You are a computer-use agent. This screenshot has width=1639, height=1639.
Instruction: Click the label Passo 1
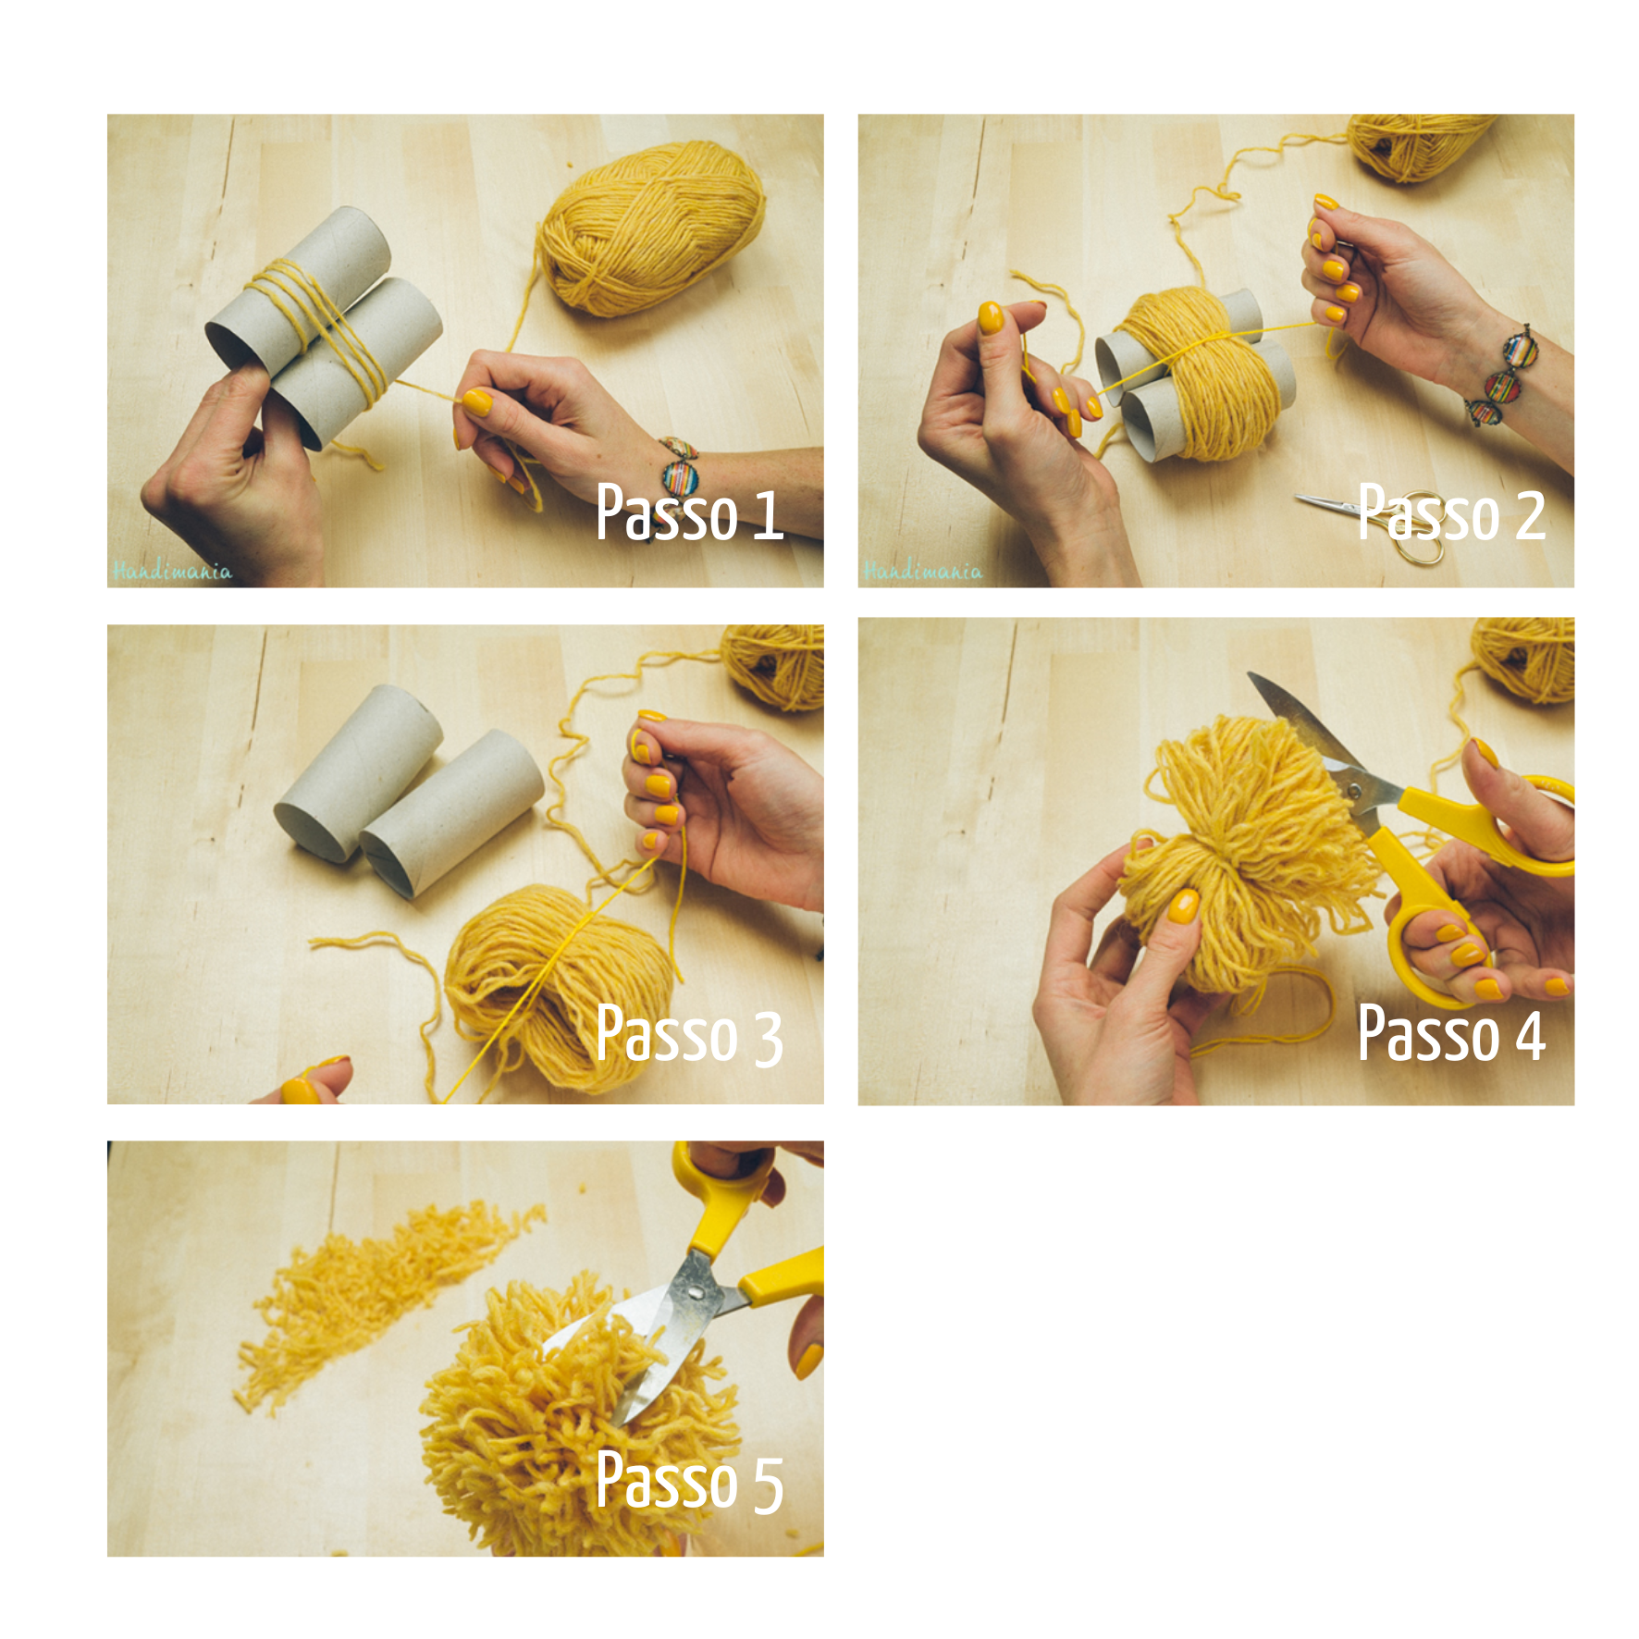point(689,512)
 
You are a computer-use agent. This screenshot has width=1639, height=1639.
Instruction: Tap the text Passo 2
point(1451,512)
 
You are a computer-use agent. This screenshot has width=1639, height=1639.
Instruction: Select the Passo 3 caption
point(689,1034)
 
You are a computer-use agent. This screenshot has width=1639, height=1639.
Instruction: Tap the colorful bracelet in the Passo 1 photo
point(681,468)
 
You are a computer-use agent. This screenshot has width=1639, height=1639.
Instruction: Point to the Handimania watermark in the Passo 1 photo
point(172,571)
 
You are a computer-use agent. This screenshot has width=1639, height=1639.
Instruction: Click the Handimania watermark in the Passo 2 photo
point(922,571)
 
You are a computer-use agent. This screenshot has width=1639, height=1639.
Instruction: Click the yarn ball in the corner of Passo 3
point(774,666)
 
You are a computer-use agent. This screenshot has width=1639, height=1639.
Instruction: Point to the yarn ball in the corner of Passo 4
point(1524,659)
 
